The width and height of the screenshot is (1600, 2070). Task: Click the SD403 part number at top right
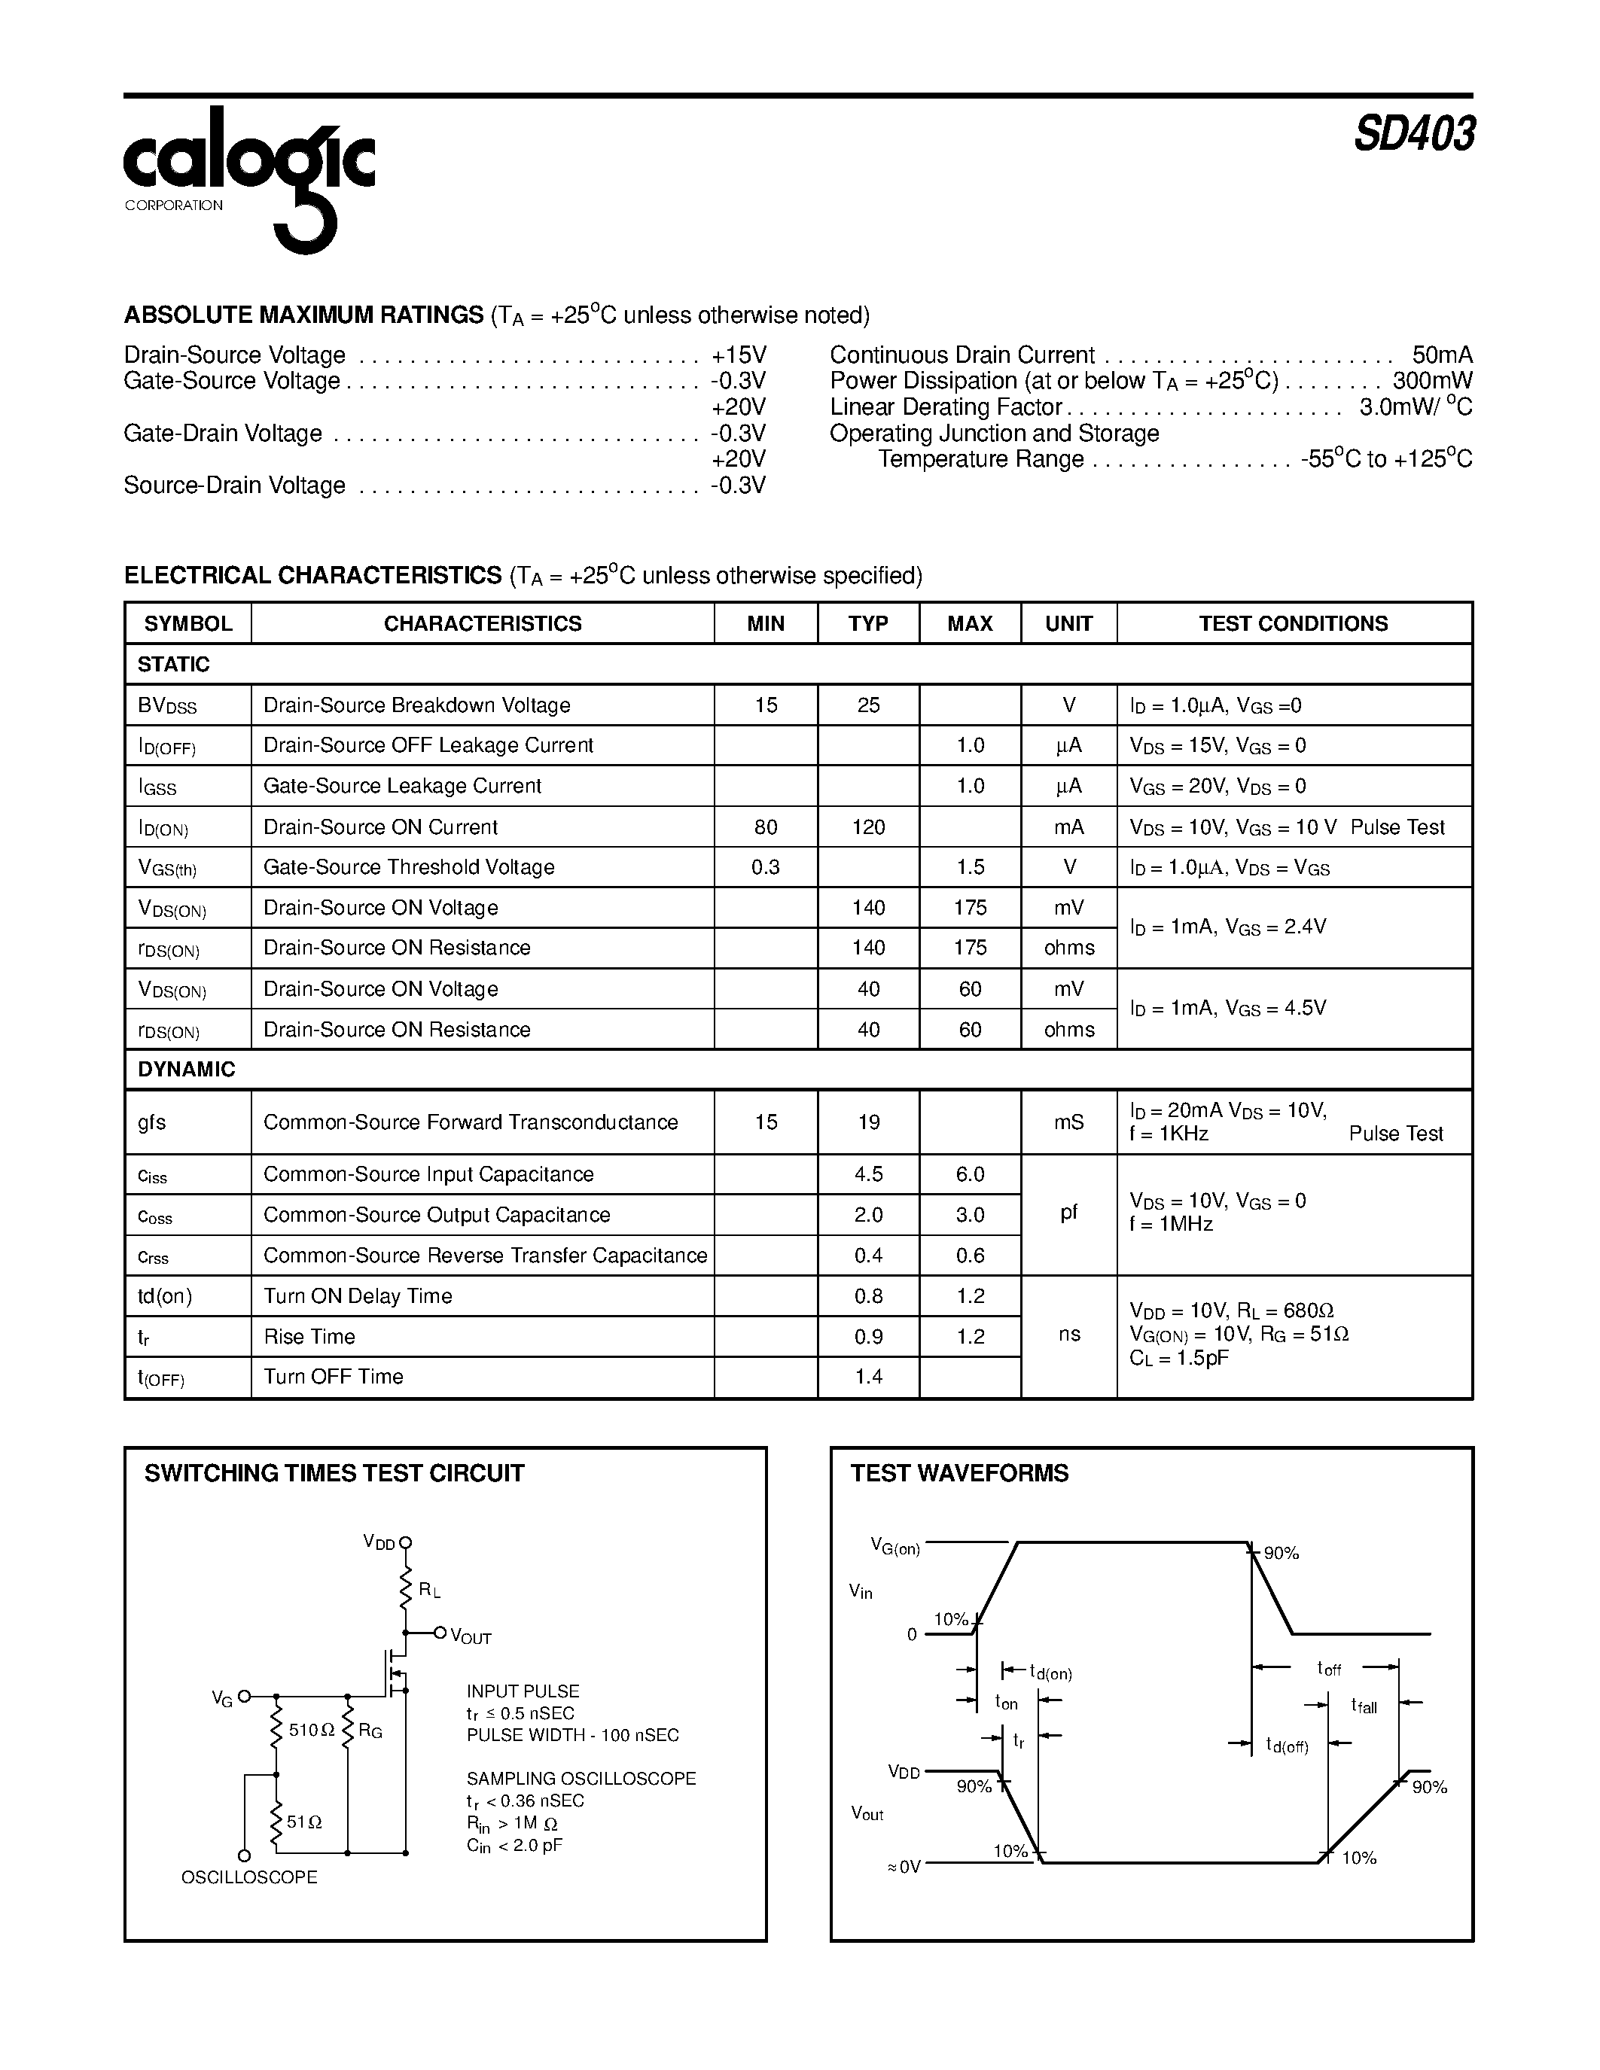click(x=1413, y=135)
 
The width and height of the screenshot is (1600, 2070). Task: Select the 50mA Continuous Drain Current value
click(x=1442, y=355)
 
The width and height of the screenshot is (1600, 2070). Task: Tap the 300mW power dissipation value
click(x=1432, y=381)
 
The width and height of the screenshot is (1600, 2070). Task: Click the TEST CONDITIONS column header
click(x=1293, y=624)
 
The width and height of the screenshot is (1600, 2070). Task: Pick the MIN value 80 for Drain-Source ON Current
click(x=766, y=827)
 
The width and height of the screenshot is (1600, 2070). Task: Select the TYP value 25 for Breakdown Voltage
click(x=868, y=705)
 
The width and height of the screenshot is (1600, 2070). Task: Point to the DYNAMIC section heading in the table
click(x=186, y=1069)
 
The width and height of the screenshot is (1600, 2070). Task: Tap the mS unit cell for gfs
click(x=1068, y=1122)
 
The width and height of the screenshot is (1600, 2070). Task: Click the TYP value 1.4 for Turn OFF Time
click(x=868, y=1377)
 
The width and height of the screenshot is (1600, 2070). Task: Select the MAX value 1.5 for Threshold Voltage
click(x=971, y=867)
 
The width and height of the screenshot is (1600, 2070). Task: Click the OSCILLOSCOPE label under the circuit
click(x=249, y=1877)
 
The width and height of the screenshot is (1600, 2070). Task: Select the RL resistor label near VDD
click(x=429, y=1591)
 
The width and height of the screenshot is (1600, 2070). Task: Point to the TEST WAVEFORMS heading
click(x=959, y=1473)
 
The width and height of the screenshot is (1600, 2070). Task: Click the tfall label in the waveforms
click(x=1364, y=1706)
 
